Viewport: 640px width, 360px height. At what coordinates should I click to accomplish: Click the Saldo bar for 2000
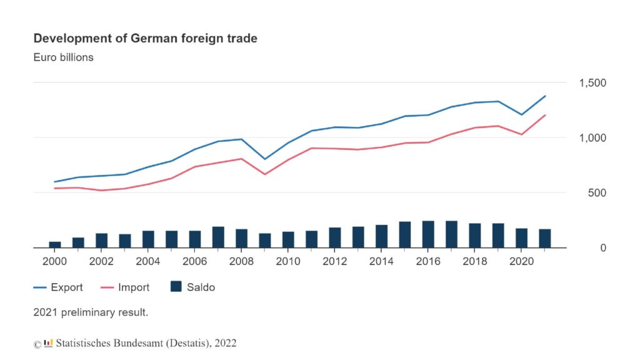coord(55,244)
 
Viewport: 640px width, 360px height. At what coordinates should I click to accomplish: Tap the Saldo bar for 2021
coord(544,238)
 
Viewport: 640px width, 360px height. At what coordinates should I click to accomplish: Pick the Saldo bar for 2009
coord(265,241)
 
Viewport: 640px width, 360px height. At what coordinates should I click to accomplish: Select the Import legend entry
coord(125,287)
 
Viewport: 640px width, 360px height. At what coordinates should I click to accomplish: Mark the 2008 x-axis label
coord(241,261)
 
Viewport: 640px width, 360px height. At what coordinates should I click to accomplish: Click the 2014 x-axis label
coord(381,261)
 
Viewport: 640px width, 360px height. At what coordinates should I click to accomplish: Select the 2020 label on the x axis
coord(521,261)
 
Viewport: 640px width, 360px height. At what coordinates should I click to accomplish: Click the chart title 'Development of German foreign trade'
coord(145,39)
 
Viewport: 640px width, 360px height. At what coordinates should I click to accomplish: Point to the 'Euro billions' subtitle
coord(63,57)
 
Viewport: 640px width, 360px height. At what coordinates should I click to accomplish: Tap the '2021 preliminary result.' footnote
coord(91,312)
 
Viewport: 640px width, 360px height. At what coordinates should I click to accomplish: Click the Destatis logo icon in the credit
coord(48,342)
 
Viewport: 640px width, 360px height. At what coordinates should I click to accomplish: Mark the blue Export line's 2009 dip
coord(265,159)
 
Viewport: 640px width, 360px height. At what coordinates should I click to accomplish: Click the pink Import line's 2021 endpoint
coord(544,116)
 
